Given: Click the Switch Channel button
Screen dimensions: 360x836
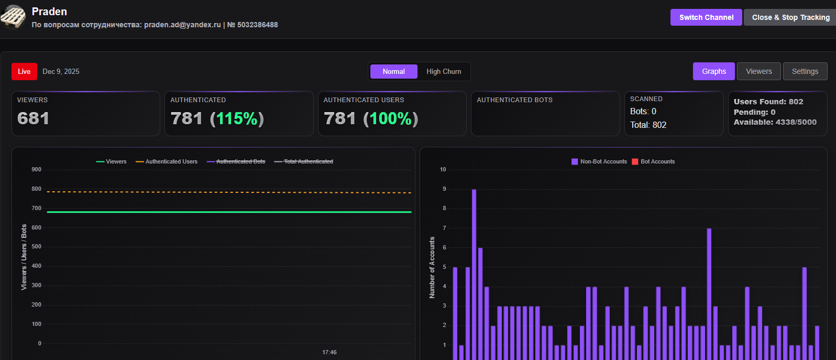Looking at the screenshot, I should click(x=706, y=17).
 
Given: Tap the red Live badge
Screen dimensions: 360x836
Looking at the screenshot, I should click(x=24, y=71).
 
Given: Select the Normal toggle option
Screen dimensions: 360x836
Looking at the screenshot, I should click(x=393, y=71).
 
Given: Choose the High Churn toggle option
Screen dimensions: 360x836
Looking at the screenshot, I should click(x=444, y=71).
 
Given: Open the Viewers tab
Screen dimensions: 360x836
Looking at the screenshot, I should click(x=758, y=71).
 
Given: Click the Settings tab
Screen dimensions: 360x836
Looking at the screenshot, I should click(x=805, y=71).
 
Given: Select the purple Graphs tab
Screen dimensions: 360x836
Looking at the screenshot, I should click(x=713, y=71).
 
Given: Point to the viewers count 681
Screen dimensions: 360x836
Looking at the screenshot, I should click(x=33, y=118).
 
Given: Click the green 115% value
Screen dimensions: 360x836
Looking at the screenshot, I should click(x=237, y=118).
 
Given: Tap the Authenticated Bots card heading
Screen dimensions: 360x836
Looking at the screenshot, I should click(x=514, y=100).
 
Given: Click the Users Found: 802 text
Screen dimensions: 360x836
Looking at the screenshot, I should click(x=768, y=102).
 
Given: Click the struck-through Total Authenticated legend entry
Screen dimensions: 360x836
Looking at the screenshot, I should click(x=308, y=161).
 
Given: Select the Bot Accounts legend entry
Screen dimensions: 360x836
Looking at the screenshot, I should click(x=657, y=161).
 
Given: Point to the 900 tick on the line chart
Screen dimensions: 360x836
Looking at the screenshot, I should click(x=36, y=169).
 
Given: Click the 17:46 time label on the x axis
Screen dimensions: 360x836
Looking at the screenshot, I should click(x=329, y=352).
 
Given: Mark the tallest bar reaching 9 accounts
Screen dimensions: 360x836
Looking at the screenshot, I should click(x=474, y=272).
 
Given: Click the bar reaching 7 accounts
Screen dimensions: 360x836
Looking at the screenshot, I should click(x=709, y=293).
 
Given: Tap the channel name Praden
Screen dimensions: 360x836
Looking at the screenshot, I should click(x=49, y=12).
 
